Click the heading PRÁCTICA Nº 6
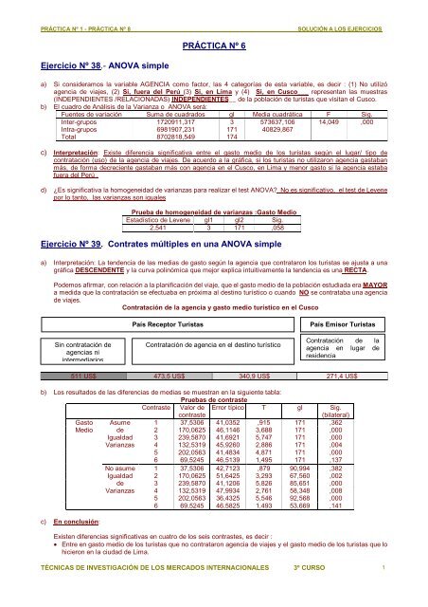pyautogui.click(x=213, y=45)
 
